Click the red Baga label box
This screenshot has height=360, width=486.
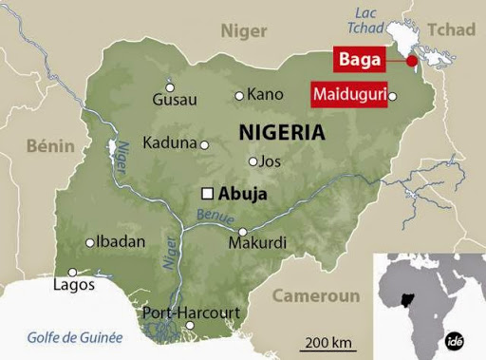point(359,60)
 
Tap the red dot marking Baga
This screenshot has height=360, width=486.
point(411,61)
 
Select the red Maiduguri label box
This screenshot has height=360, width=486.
point(348,95)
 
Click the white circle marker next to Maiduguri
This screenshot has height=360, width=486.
point(394,95)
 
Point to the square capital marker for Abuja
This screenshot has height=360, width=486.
point(207,194)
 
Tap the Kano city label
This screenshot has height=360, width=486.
point(265,94)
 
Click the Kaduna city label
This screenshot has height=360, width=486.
point(169,143)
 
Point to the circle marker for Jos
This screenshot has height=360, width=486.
point(252,161)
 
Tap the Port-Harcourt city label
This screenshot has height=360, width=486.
point(191,313)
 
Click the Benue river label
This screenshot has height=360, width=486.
point(215,218)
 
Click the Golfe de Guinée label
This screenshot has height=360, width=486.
point(75,337)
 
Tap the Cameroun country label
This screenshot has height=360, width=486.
point(316,295)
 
